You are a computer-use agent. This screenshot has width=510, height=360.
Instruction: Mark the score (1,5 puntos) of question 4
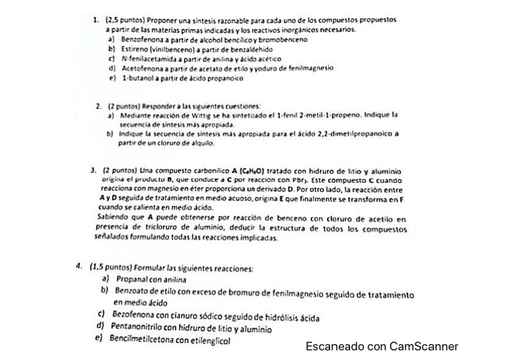[111, 268]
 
